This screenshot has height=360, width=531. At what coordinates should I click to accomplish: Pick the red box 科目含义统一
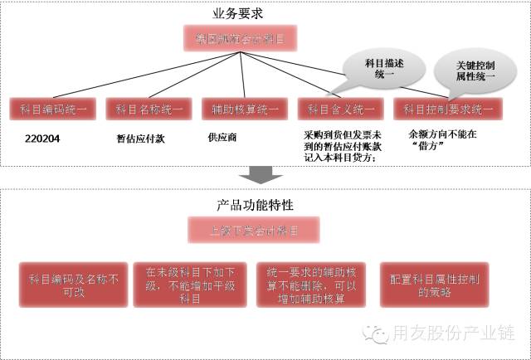tap(341, 109)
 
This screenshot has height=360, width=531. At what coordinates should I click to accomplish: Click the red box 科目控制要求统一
tap(444, 109)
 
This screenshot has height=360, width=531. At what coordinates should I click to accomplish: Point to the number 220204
tap(44, 139)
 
